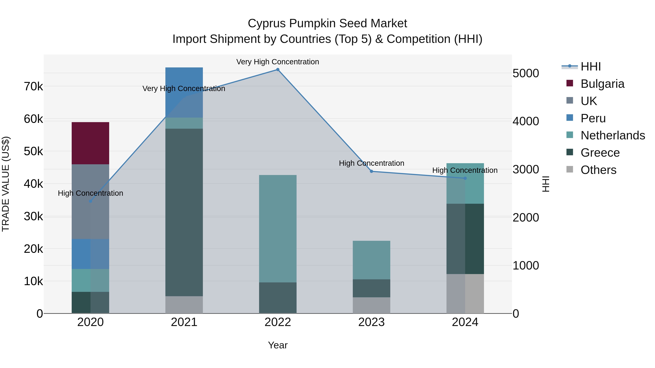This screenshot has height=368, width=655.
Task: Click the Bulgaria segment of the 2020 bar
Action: click(90, 143)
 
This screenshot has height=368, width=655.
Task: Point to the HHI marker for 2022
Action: click(278, 70)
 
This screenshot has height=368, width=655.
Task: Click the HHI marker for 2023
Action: click(371, 171)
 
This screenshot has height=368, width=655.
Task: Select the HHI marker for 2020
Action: click(90, 201)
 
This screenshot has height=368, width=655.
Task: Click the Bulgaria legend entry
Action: click(602, 84)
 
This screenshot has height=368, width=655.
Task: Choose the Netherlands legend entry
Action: click(612, 135)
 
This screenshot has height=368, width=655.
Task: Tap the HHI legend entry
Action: click(590, 67)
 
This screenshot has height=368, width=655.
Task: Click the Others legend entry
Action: click(598, 170)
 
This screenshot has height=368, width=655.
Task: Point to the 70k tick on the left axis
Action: click(33, 87)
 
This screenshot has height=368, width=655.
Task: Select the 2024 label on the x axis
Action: click(465, 322)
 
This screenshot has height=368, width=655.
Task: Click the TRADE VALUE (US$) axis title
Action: click(6, 184)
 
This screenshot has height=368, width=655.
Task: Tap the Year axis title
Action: click(278, 345)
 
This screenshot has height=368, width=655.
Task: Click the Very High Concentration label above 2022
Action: click(277, 62)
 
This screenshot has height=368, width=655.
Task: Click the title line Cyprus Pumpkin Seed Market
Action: click(327, 23)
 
